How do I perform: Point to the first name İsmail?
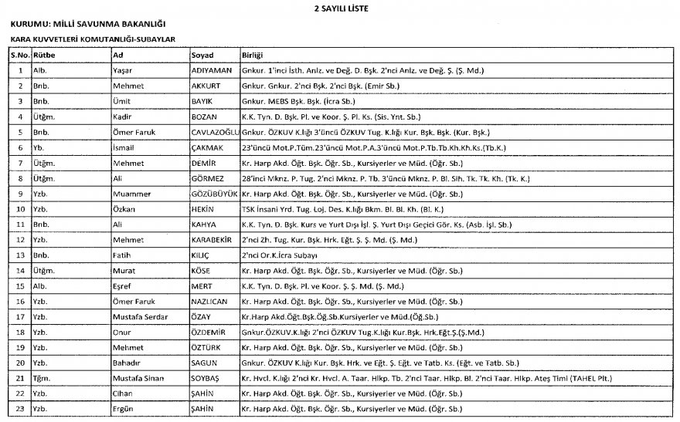click(125, 147)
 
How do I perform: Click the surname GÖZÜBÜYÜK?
click(214, 194)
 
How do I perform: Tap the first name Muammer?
click(131, 194)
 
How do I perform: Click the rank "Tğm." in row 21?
click(42, 378)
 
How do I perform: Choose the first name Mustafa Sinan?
click(140, 378)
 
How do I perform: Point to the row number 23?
click(19, 409)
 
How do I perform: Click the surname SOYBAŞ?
click(208, 378)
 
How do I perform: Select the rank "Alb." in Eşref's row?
click(39, 285)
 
